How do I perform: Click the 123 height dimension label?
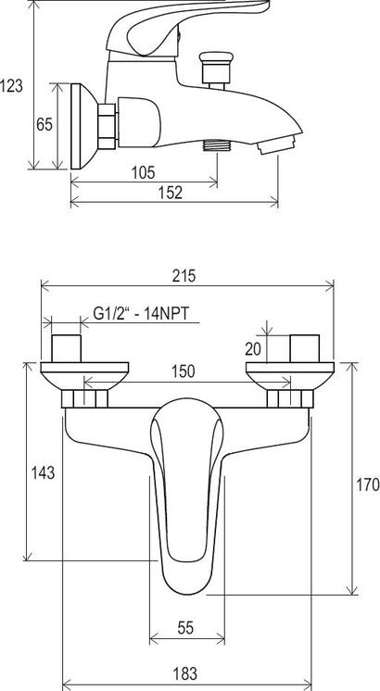(x=11, y=85)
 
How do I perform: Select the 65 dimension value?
(x=44, y=125)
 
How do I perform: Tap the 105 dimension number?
(x=144, y=172)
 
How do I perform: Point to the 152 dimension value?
(x=171, y=193)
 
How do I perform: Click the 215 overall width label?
(x=184, y=276)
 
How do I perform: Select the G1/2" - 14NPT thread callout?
(x=141, y=314)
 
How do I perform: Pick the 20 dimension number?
(x=253, y=349)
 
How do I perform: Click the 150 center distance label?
(x=183, y=371)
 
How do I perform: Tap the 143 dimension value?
(x=43, y=472)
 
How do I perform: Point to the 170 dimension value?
(x=368, y=484)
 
